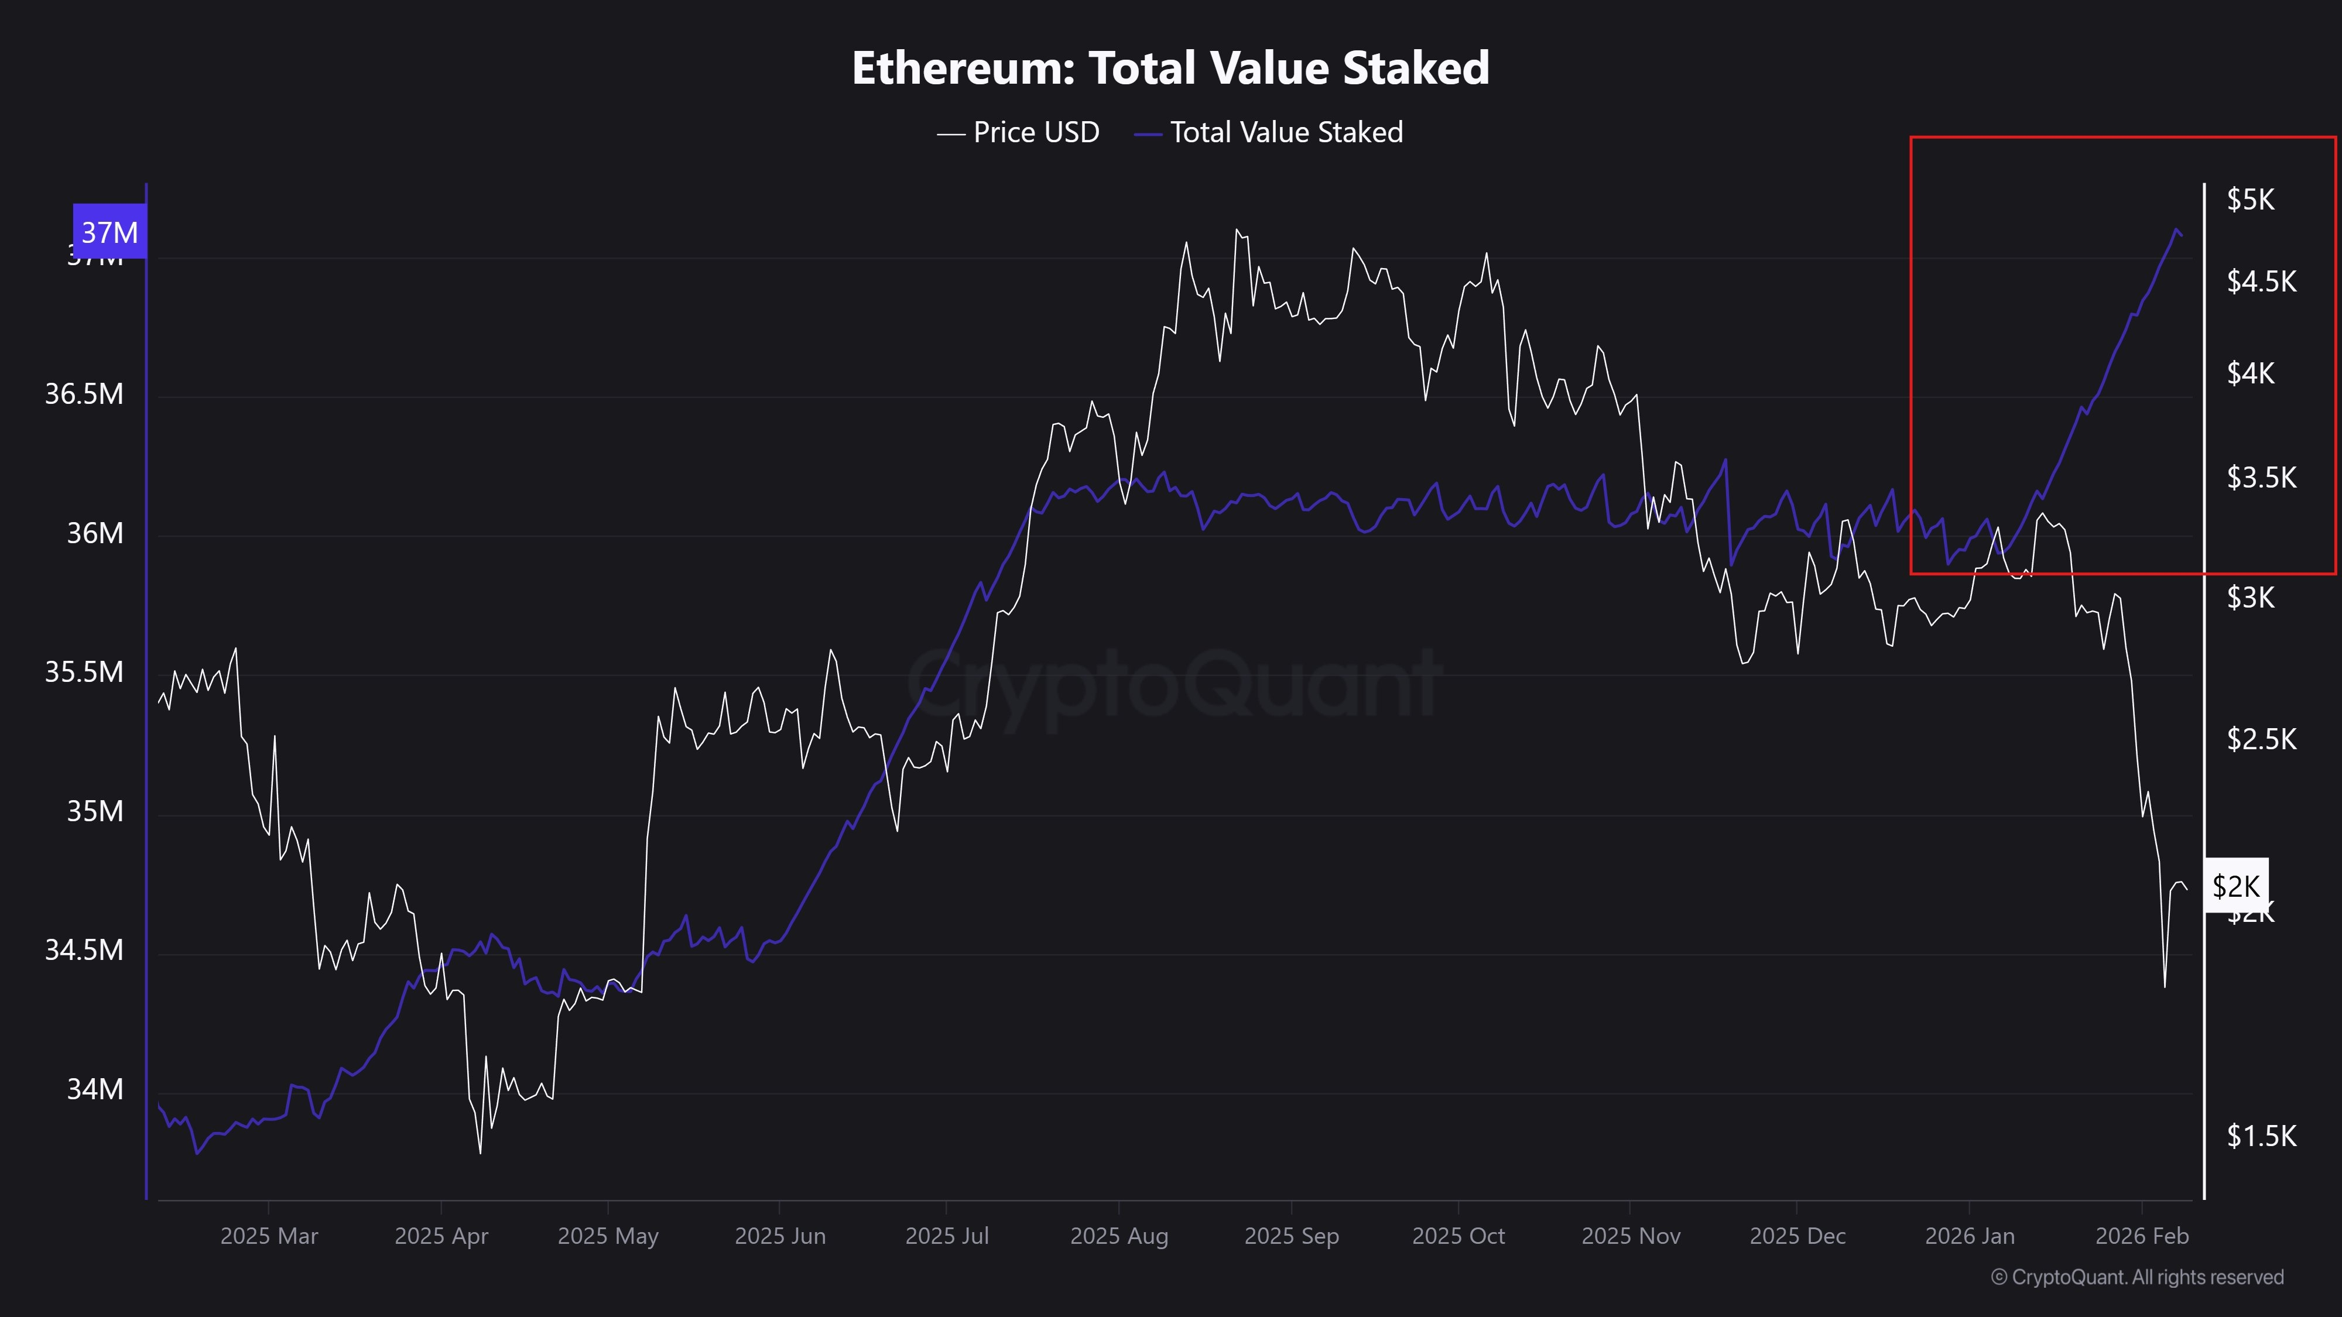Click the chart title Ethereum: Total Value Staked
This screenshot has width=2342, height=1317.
click(x=1170, y=68)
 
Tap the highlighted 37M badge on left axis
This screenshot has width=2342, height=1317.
click(x=110, y=233)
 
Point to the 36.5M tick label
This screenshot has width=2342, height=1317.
click(x=84, y=395)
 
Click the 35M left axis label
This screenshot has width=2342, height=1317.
click(x=94, y=811)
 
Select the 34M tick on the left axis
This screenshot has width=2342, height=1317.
click(x=94, y=1089)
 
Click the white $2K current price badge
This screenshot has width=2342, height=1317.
click(x=2235, y=886)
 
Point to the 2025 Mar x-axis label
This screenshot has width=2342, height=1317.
click(x=269, y=1236)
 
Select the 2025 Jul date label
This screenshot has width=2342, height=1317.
click(x=946, y=1236)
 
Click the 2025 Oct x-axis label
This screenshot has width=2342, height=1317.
click(x=1458, y=1236)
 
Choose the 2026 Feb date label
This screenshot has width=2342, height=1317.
click(x=2142, y=1236)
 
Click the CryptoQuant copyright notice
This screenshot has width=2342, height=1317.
click(x=2136, y=1278)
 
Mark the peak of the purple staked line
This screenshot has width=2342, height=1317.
click(x=2176, y=230)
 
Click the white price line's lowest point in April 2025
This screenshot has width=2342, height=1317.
click(x=480, y=1153)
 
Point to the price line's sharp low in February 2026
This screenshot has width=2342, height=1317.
click(x=2165, y=986)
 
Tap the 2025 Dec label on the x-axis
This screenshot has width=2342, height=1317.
click(x=1797, y=1236)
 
